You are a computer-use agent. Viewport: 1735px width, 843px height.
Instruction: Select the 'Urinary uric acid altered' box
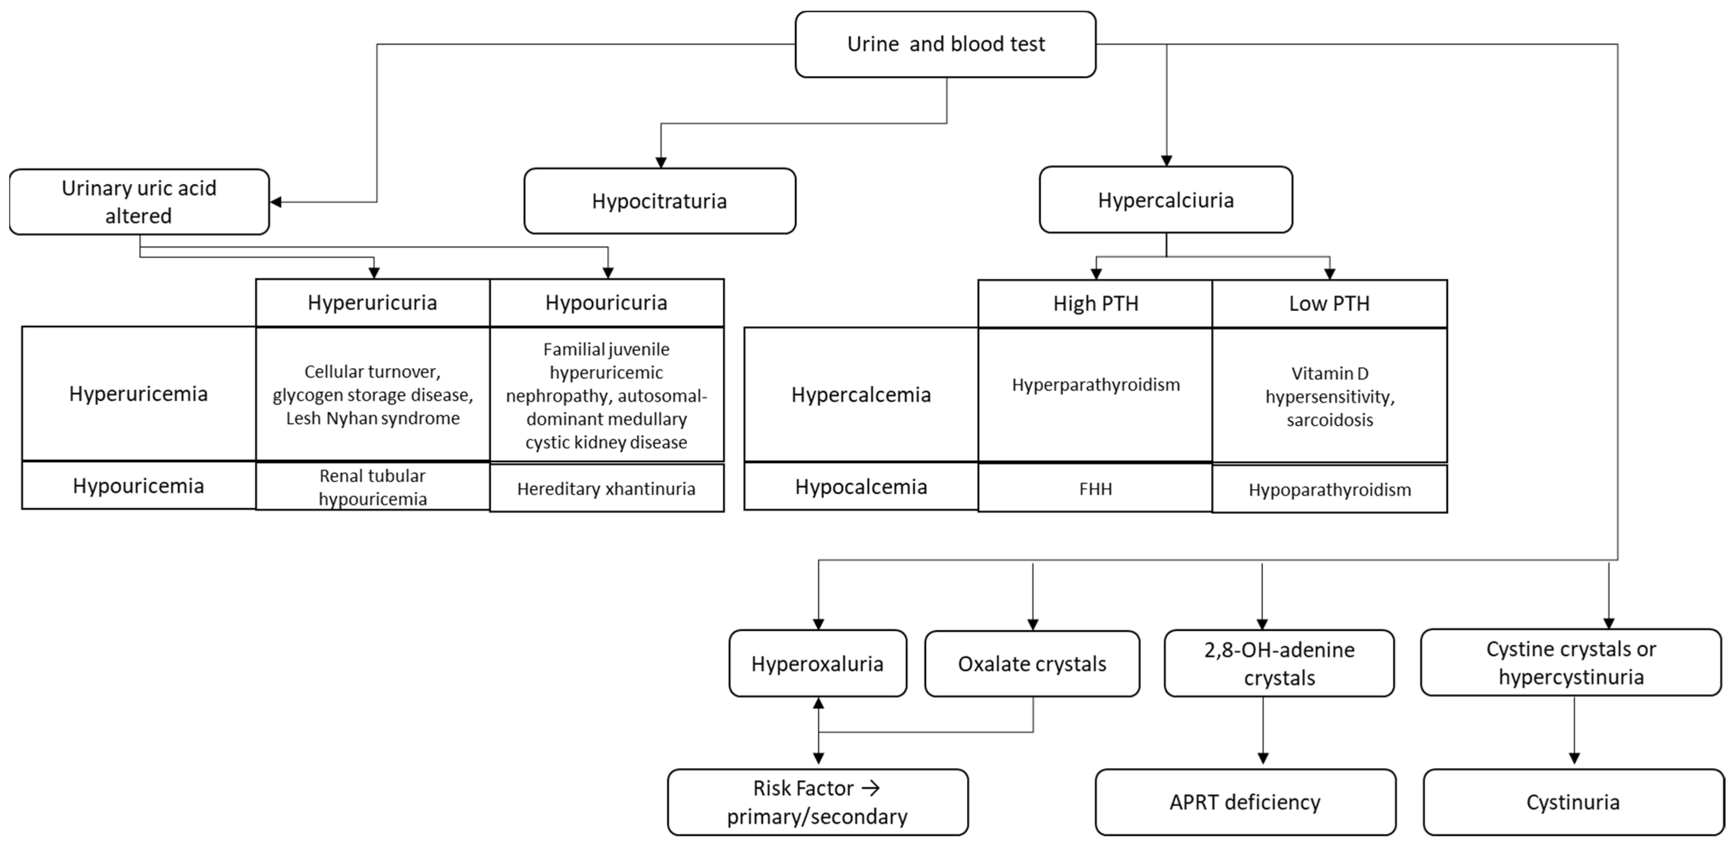tap(139, 202)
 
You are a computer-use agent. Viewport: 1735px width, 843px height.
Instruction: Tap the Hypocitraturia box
tap(659, 201)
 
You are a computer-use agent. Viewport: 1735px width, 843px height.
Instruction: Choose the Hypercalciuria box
tap(1165, 200)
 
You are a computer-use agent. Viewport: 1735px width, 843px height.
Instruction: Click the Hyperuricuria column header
tap(372, 303)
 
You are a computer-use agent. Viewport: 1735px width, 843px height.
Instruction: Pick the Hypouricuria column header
tap(606, 303)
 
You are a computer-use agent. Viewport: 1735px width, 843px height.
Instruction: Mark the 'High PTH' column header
tap(1095, 304)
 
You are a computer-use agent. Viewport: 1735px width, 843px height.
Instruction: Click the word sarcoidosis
tap(1330, 420)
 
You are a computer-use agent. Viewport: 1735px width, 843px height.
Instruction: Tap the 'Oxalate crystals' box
tap(1032, 664)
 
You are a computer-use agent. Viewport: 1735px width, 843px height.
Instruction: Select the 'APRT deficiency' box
tap(1245, 802)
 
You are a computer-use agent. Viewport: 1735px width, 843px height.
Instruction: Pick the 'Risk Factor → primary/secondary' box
tap(817, 802)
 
